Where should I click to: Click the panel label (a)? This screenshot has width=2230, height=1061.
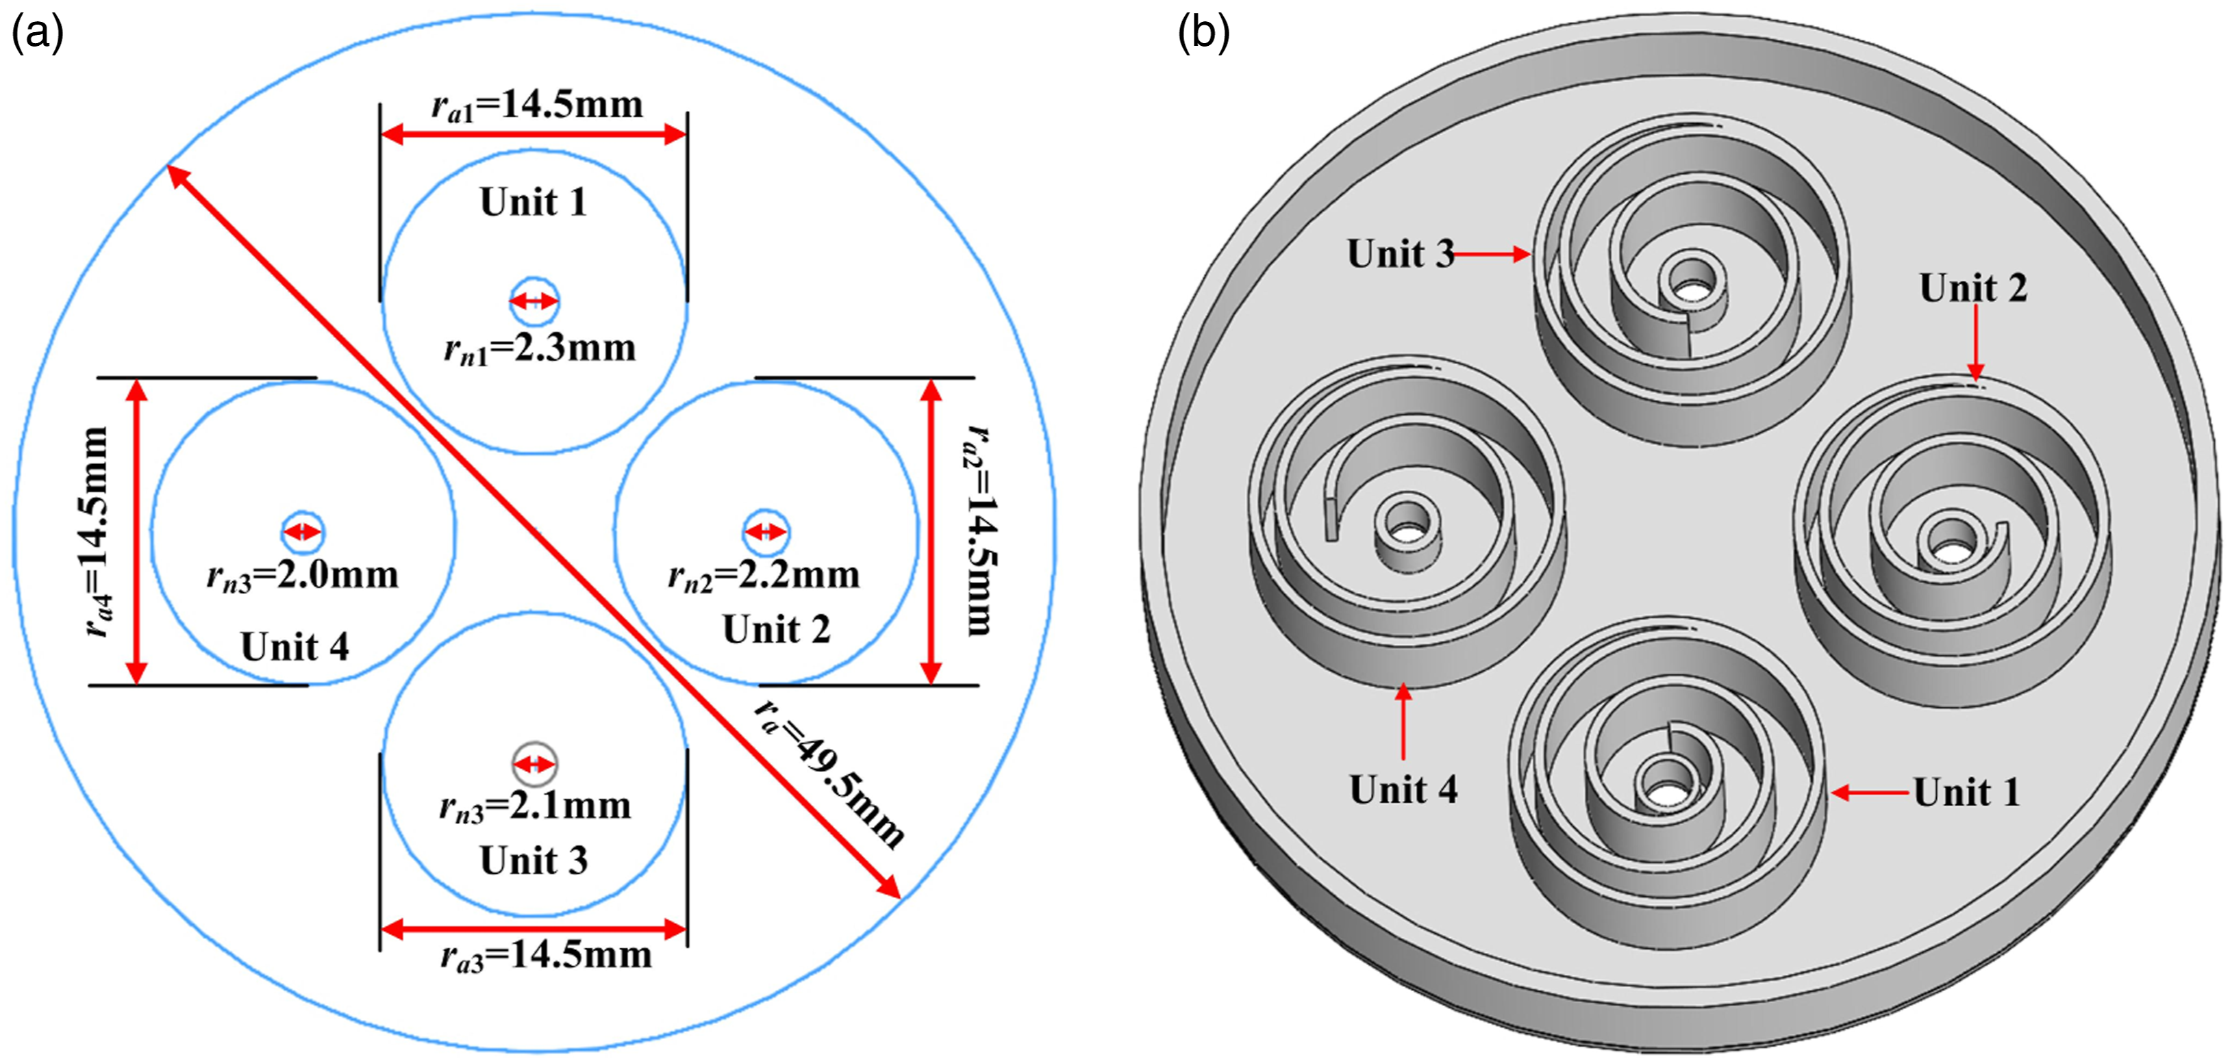[37, 35]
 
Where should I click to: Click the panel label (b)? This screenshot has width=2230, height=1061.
[1203, 35]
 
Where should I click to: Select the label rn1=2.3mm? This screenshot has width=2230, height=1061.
[539, 349]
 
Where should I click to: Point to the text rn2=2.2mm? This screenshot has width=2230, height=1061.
[764, 576]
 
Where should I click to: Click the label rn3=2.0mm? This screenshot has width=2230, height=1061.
[302, 576]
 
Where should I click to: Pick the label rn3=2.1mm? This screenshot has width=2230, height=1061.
[535, 806]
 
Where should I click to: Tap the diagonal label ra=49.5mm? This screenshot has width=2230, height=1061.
[829, 771]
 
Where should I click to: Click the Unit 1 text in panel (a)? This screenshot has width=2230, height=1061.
[534, 202]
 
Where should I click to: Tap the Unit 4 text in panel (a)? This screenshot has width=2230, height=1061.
[295, 646]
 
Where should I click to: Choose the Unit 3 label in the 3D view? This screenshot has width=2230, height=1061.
[1401, 253]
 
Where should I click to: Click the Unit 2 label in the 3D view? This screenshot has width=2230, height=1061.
[1973, 288]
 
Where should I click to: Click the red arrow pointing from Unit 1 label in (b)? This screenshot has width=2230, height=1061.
[1870, 792]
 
